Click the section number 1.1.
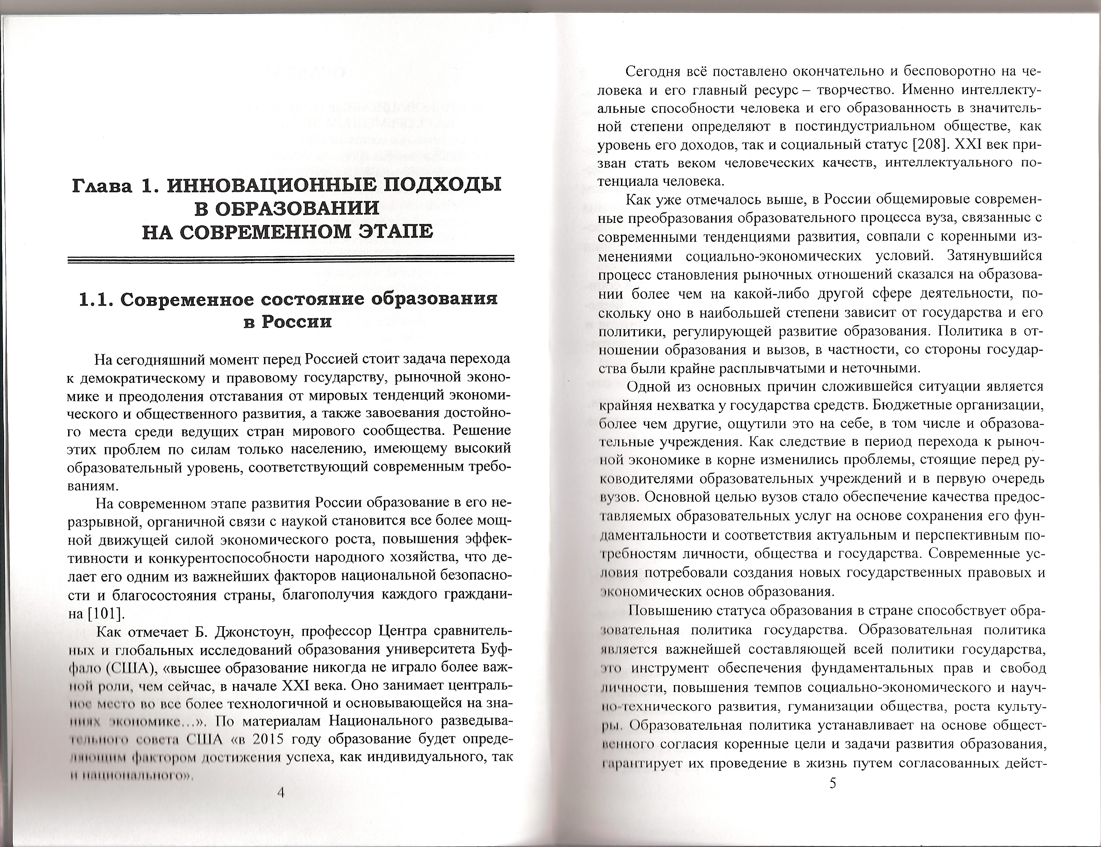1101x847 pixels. point(98,299)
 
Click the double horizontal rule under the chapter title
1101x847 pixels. point(291,260)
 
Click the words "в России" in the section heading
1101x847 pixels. point(287,322)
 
